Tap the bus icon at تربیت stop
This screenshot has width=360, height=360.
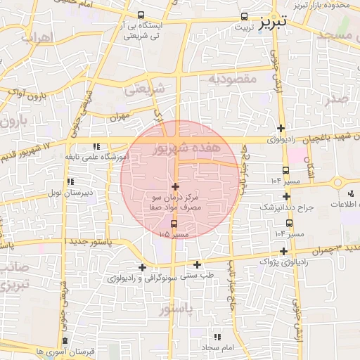(244, 15)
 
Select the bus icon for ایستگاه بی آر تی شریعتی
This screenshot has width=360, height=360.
(141, 15)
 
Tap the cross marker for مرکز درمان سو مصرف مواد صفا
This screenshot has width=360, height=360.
(175, 186)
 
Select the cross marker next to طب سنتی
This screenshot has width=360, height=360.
(198, 265)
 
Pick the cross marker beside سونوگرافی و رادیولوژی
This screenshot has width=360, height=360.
(143, 267)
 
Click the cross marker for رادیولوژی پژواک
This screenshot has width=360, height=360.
(283, 251)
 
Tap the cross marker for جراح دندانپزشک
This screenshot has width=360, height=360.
(286, 197)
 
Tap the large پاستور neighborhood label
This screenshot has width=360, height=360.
(176, 309)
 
